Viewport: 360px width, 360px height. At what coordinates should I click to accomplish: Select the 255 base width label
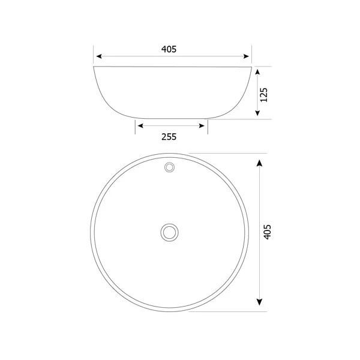point(169,137)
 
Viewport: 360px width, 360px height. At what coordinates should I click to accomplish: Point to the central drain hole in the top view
point(170,231)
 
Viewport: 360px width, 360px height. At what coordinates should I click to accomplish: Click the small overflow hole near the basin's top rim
point(170,166)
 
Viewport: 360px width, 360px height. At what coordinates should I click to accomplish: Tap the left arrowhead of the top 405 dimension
point(100,56)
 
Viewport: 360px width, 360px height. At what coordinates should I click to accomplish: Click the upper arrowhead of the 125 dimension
point(257,71)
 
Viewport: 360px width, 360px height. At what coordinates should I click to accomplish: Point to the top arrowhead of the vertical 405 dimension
point(258,164)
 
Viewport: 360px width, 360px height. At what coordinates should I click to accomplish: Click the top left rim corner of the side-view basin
point(94,67)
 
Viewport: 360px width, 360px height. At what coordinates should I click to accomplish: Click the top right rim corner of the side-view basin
point(251,67)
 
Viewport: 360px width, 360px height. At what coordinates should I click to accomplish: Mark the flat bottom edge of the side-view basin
point(172,118)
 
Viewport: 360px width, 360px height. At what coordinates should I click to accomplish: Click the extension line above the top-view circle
point(228,152)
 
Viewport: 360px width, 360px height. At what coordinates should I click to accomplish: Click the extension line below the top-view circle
point(228,311)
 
